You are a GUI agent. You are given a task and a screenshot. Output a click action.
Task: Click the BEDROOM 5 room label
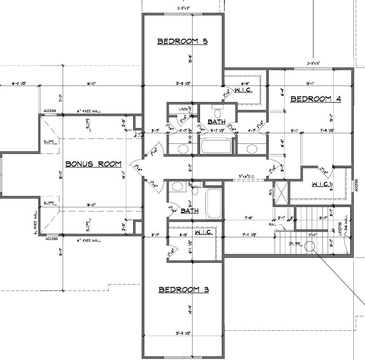[x=181, y=41]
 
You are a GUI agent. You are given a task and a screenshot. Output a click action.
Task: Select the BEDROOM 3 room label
[x=184, y=289]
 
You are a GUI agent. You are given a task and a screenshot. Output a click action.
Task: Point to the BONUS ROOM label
[x=93, y=164]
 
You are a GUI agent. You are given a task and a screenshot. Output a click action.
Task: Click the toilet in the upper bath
[x=217, y=112]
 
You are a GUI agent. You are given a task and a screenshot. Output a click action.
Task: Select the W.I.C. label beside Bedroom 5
[x=243, y=91]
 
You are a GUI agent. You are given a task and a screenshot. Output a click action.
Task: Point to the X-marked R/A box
[x=281, y=193]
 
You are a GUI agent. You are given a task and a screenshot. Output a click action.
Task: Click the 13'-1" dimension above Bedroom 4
[x=310, y=83]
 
